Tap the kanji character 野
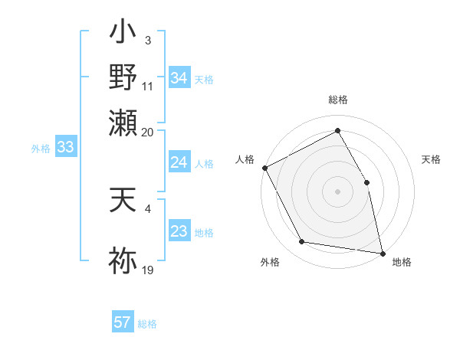pyautogui.click(x=123, y=78)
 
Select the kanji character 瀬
pyautogui.click(x=123, y=122)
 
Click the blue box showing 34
pyautogui.click(x=179, y=78)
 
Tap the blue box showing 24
pyautogui.click(x=179, y=162)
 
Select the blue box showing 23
pyautogui.click(x=179, y=232)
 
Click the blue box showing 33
pyautogui.click(x=64, y=148)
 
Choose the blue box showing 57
pyautogui.click(x=123, y=322)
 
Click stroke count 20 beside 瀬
pyautogui.click(x=148, y=132)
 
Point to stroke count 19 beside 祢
pyautogui.click(x=148, y=270)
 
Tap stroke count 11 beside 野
pyautogui.click(x=148, y=87)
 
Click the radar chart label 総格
pyautogui.click(x=337, y=100)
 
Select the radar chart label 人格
pyautogui.click(x=245, y=159)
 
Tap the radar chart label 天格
pyautogui.click(x=431, y=159)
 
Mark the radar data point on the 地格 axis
pyautogui.click(x=382, y=253)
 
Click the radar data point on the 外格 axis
pyautogui.click(x=302, y=242)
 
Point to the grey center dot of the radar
pyautogui.click(x=337, y=191)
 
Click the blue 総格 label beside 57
pyautogui.click(x=147, y=323)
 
